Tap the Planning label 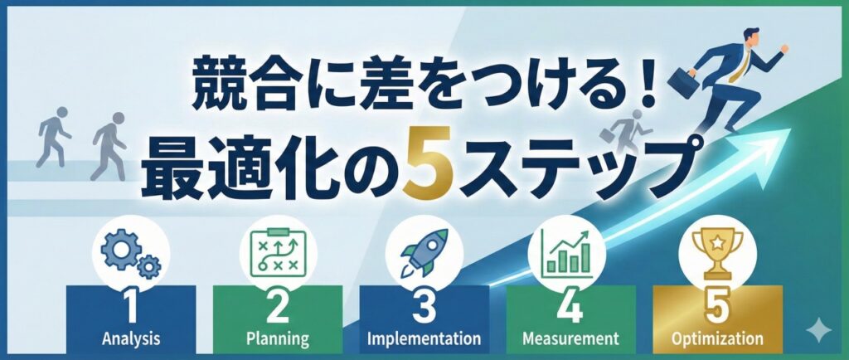[x=278, y=338]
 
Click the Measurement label [x=571, y=338]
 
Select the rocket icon [x=424, y=251]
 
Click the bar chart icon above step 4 [x=570, y=251]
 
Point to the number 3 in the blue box [x=424, y=308]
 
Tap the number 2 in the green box [x=278, y=308]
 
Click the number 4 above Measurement [x=571, y=308]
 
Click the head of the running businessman [x=750, y=36]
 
